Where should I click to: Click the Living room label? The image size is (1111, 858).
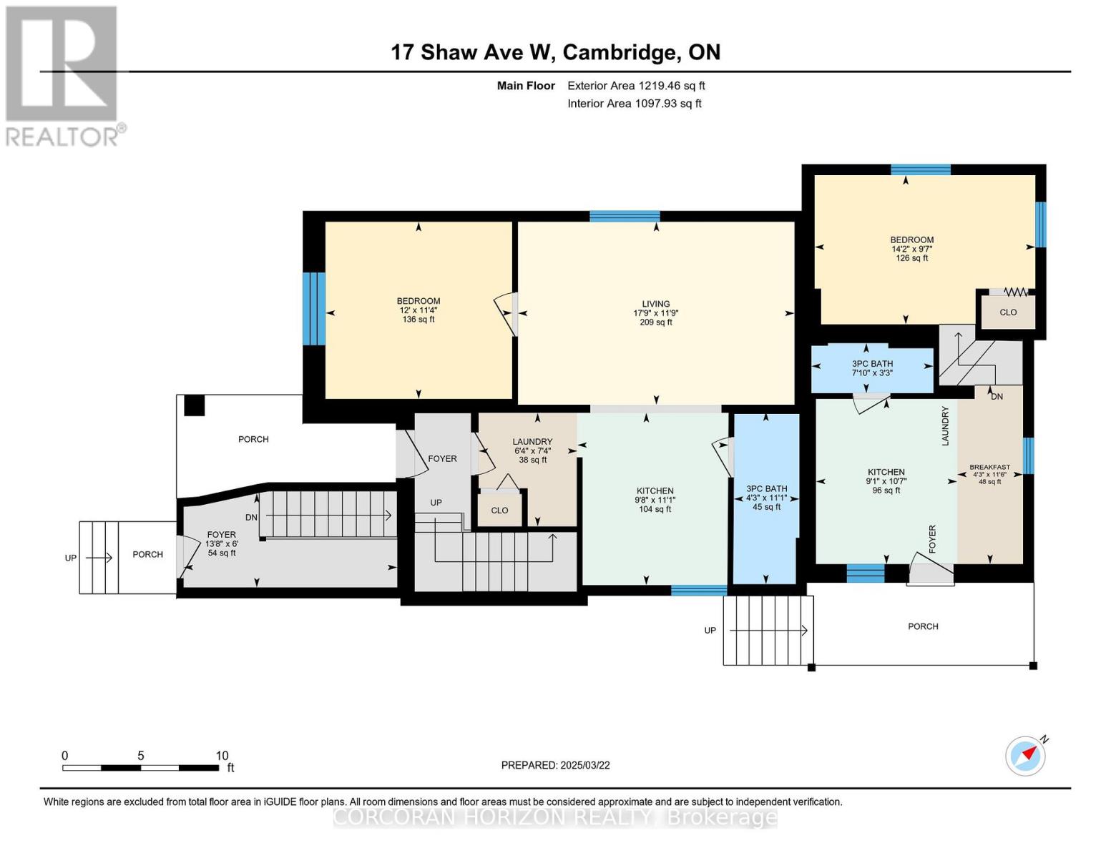pos(655,312)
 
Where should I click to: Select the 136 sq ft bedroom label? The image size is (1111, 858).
pos(419,310)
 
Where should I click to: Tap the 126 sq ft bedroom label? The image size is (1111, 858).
pos(911,249)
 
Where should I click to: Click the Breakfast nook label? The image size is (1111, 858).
pos(989,474)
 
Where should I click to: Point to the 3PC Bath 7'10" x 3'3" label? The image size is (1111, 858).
pos(871,368)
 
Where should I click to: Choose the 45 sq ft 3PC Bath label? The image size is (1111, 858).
pos(766,498)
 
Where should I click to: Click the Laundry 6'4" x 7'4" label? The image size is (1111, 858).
pos(532,450)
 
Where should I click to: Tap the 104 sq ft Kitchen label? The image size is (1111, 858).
pos(655,500)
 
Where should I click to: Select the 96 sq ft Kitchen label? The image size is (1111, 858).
pos(886,480)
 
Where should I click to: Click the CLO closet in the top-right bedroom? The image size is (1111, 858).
pos(1008,312)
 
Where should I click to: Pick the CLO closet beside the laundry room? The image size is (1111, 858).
pos(499,511)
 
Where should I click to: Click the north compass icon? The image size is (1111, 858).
pos(1026,755)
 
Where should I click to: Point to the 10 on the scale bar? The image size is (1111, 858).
pos(222,756)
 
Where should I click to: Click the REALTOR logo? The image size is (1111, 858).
pos(63,76)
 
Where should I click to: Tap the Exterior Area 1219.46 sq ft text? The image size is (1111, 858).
pos(636,86)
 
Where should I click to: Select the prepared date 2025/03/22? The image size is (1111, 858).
pos(555,765)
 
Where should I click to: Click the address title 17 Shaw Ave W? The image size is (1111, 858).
pos(555,52)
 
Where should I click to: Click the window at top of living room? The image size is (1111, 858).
pos(625,216)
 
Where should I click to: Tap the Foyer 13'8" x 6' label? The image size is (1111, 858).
pos(222,543)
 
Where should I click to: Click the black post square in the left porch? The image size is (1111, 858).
pos(194,405)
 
